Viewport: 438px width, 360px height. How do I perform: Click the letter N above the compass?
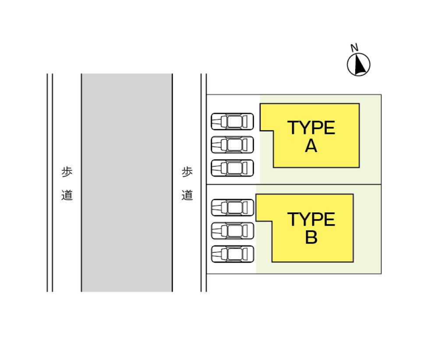tap(354, 48)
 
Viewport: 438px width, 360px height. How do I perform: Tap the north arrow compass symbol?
tap(359, 64)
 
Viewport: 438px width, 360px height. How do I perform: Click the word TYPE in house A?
tap(311, 127)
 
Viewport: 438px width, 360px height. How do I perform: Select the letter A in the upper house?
tap(311, 146)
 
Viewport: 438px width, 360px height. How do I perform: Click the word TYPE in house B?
tap(311, 219)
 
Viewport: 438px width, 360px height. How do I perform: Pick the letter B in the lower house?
tap(311, 237)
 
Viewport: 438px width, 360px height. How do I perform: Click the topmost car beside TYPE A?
tap(233, 121)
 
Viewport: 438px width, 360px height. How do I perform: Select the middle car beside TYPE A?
tap(233, 145)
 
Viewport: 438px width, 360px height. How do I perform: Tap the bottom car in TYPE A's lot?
tap(233, 168)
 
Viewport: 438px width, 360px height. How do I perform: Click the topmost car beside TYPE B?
tap(233, 208)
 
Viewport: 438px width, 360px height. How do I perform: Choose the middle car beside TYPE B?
tap(233, 231)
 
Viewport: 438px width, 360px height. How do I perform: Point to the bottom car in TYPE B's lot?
tap(233, 254)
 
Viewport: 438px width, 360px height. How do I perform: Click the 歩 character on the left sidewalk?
tap(67, 172)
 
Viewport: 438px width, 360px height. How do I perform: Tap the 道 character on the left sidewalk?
tap(67, 195)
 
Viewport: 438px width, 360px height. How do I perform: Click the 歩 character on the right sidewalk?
tap(187, 172)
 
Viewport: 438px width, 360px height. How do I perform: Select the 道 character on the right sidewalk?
tap(187, 195)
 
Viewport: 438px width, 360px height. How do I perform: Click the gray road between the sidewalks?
tap(127, 183)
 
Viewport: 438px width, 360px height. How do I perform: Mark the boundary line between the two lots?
tap(294, 184)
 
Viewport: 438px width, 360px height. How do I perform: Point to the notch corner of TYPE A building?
tap(273, 131)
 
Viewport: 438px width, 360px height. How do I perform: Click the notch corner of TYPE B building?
tap(272, 222)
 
